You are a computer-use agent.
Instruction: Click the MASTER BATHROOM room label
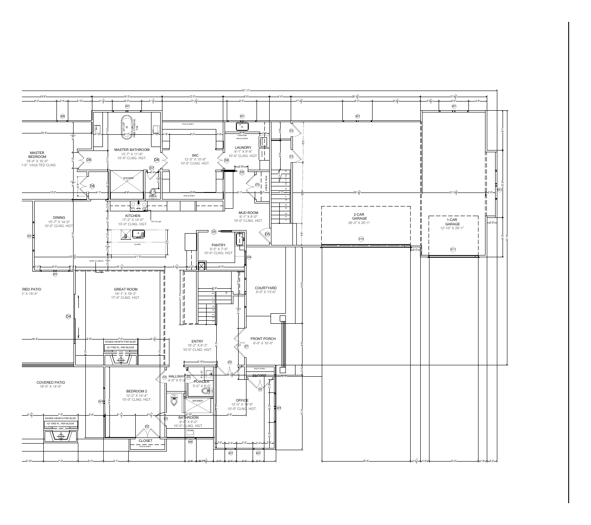click(132, 150)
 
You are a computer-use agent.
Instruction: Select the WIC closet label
click(195, 155)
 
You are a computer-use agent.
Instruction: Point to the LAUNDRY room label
click(243, 148)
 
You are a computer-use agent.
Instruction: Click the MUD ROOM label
click(248, 213)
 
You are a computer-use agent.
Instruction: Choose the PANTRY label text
click(218, 245)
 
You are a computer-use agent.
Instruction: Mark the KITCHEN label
click(133, 216)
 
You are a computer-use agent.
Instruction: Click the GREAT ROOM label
click(126, 289)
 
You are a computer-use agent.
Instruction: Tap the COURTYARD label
click(266, 288)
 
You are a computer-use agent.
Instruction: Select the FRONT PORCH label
click(263, 339)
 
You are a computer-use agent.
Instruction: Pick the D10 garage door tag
click(361, 239)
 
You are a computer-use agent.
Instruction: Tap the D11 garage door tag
click(453, 249)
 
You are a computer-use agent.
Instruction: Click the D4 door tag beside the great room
click(68, 316)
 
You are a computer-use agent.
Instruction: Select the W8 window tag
click(63, 116)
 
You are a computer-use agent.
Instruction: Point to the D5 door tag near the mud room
click(267, 234)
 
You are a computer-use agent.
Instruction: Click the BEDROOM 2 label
click(137, 391)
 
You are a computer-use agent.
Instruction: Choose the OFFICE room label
click(242, 400)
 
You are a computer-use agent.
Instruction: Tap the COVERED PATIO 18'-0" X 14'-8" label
click(51, 383)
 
